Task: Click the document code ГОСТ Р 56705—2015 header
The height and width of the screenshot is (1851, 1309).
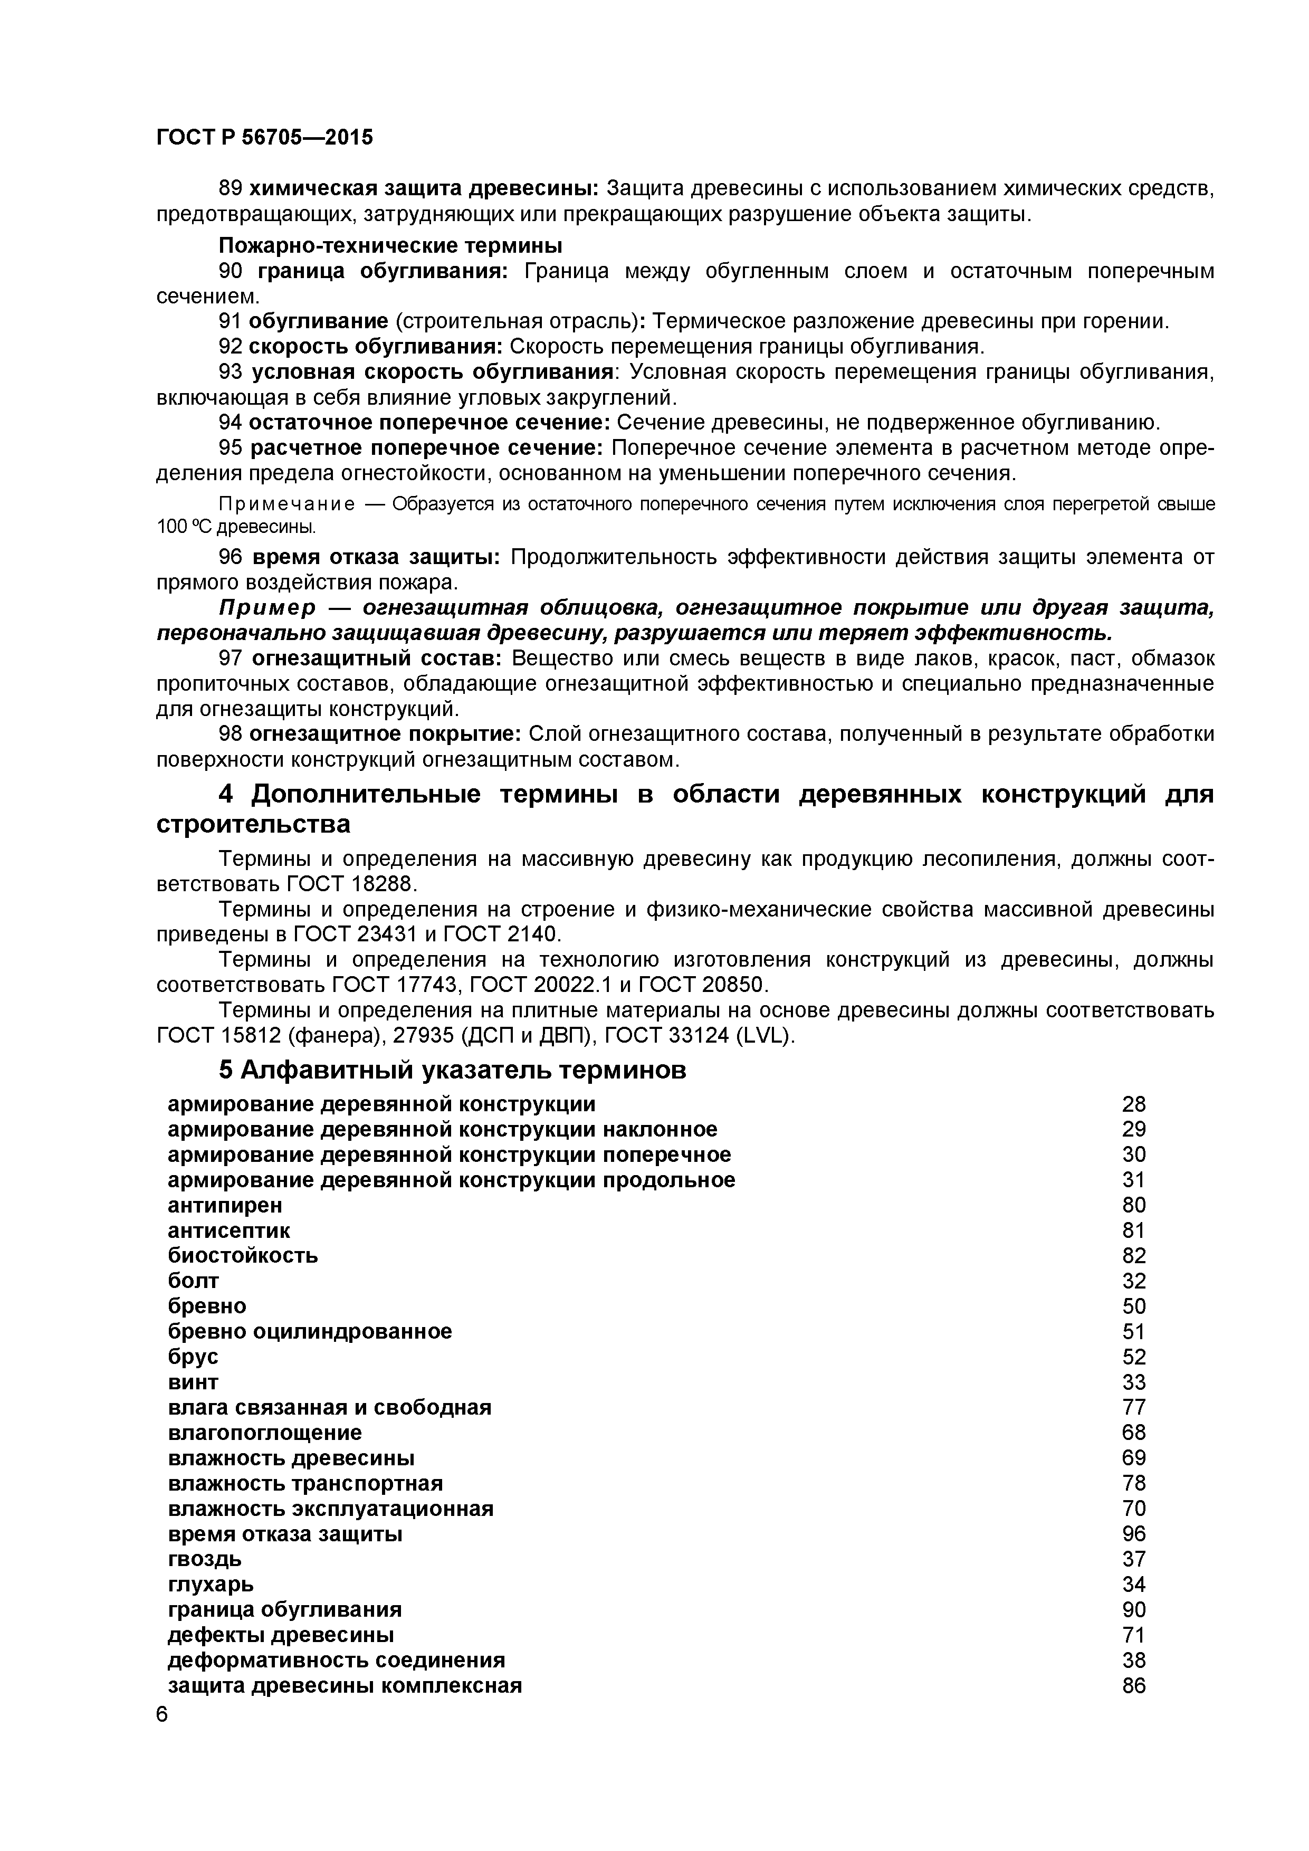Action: pyautogui.click(x=264, y=138)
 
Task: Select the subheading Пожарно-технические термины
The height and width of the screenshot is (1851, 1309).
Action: pyautogui.click(x=390, y=245)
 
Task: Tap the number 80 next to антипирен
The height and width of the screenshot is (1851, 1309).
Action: pyautogui.click(x=1133, y=1205)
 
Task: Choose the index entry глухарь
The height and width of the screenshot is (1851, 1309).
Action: pyautogui.click(x=211, y=1584)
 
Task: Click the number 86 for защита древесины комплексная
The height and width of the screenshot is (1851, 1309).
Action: pyautogui.click(x=1133, y=1685)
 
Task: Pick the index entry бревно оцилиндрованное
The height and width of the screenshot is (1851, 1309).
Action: pyautogui.click(x=310, y=1331)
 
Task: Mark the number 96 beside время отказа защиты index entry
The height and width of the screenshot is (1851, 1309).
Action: pyautogui.click(x=1133, y=1533)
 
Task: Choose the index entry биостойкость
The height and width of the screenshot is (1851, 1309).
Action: pyautogui.click(x=243, y=1255)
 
